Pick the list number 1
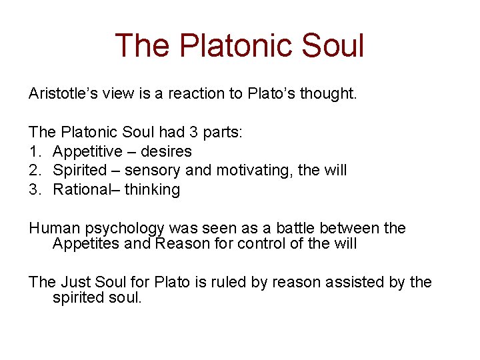tap(33, 151)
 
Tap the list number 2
tap(33, 170)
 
